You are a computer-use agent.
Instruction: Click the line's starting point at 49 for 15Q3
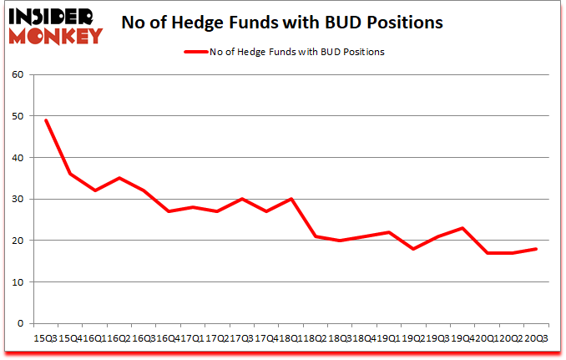[46, 120]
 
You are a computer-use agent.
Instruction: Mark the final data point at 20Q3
[535, 249]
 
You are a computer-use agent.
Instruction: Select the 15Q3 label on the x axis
[44, 338]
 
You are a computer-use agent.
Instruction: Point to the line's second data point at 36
[70, 174]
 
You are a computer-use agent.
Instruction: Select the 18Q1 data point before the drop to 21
[291, 199]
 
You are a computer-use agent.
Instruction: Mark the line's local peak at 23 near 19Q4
[462, 228]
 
